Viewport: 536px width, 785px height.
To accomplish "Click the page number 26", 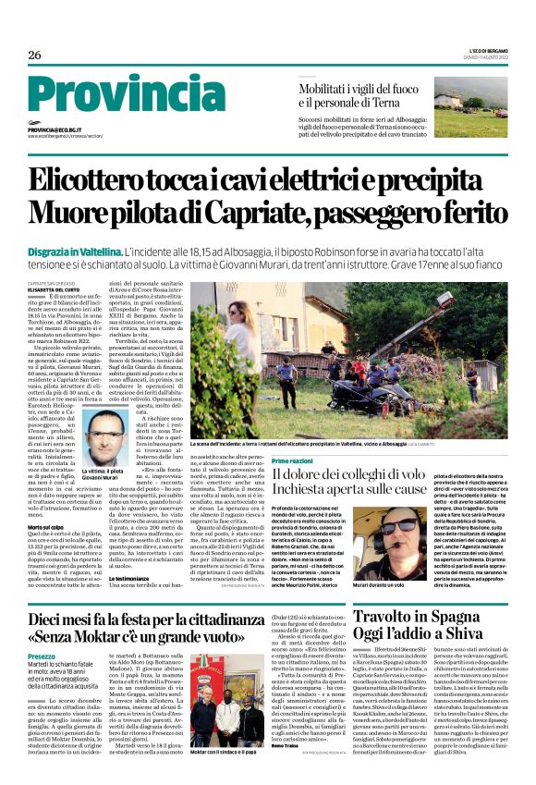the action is (34, 55).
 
